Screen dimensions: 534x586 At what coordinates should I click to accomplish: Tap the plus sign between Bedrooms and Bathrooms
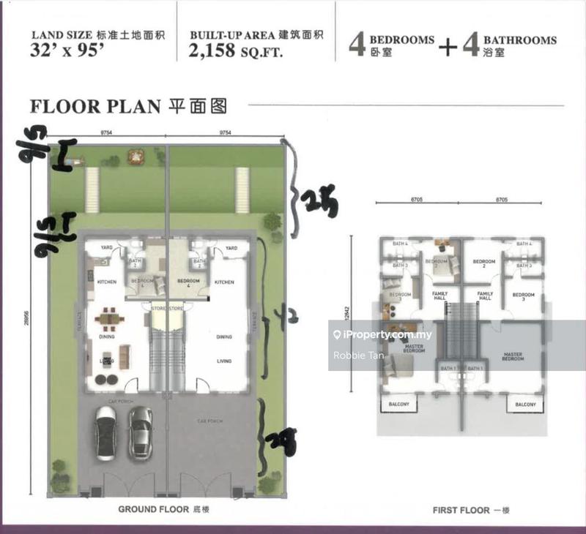point(448,45)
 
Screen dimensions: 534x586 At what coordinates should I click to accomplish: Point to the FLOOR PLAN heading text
point(94,105)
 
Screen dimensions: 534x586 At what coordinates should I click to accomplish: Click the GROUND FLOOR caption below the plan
point(159,509)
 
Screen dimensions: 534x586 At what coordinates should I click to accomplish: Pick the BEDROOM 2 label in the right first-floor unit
point(484,263)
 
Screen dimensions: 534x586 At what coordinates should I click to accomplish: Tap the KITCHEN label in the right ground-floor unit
point(223,282)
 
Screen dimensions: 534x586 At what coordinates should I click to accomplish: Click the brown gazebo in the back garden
point(135,155)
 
